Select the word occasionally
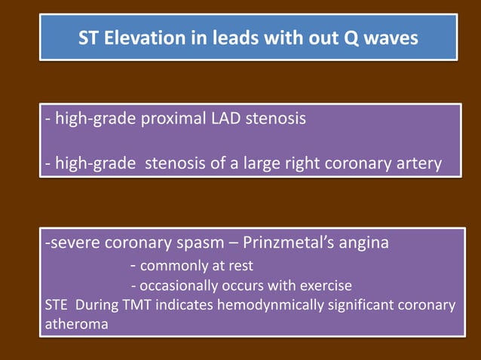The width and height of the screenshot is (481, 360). click(x=179, y=286)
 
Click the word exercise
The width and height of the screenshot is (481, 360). click(x=326, y=286)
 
